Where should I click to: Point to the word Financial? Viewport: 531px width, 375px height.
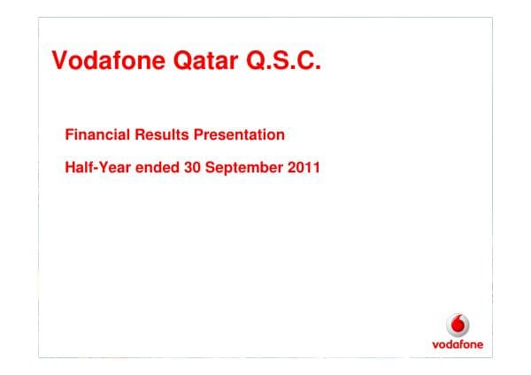pos(97,134)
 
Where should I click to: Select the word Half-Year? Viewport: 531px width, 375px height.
pos(96,166)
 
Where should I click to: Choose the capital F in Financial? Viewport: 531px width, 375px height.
pos(70,134)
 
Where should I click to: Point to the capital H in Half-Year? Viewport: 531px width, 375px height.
pos(71,166)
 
